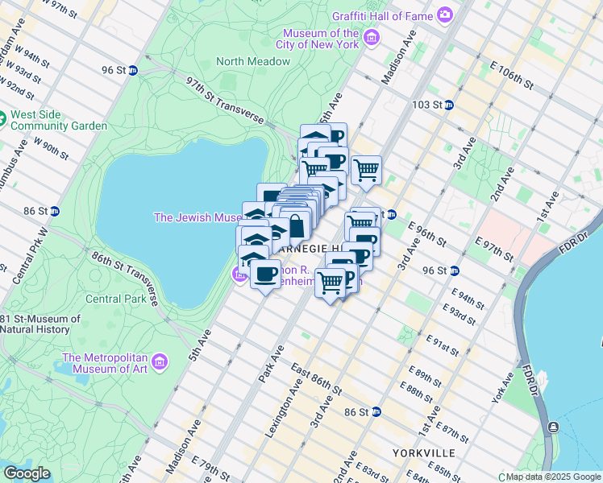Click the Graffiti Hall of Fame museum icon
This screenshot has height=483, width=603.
(x=444, y=14)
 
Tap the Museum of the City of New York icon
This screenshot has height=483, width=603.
(x=371, y=38)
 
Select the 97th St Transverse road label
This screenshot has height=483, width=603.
(x=225, y=101)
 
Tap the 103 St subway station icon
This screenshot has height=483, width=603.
(x=449, y=105)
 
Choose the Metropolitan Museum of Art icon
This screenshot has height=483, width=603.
(x=161, y=363)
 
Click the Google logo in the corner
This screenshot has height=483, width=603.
(x=27, y=473)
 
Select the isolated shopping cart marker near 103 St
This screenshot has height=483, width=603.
(x=366, y=170)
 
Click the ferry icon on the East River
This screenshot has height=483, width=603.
(x=553, y=427)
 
